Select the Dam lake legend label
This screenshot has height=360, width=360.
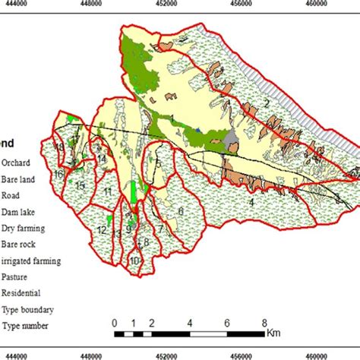pyautogui.click(x=18, y=210)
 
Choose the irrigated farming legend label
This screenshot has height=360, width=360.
pyautogui.click(x=30, y=260)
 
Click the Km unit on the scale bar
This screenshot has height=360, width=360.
pyautogui.click(x=273, y=332)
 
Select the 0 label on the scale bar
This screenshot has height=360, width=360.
pyautogui.click(x=114, y=322)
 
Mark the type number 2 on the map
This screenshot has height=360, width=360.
pyautogui.click(x=267, y=102)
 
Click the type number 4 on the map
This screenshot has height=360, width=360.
pyautogui.click(x=251, y=202)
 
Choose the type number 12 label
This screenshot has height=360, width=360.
pyautogui.click(x=101, y=230)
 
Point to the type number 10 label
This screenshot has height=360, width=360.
pyautogui.click(x=134, y=261)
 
